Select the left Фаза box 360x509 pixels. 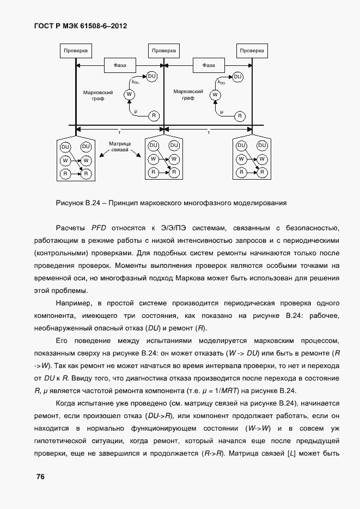point(120,65)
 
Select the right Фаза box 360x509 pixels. point(209,65)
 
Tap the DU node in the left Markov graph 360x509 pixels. point(152,76)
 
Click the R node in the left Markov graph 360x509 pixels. point(154,115)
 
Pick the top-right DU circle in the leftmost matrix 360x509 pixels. point(86,146)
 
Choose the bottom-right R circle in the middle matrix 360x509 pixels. point(174,173)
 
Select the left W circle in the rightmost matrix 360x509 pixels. point(241,160)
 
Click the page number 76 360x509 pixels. point(40,477)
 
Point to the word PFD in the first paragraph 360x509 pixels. point(99,228)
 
